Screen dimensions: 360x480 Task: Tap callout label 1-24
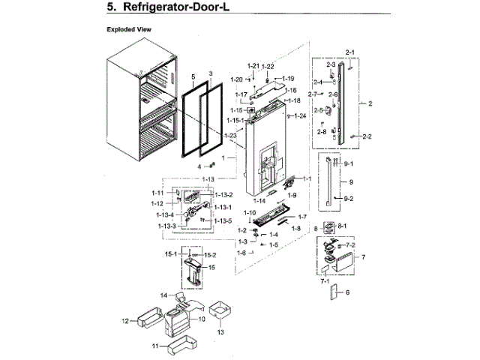(x=300, y=116)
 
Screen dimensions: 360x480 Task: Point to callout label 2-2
(x=367, y=136)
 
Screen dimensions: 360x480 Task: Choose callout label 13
(x=220, y=331)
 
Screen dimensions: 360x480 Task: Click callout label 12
(x=125, y=321)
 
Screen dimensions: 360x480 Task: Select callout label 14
(x=162, y=295)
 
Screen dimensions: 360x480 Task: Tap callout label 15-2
(x=211, y=256)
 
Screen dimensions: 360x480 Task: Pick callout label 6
(x=347, y=293)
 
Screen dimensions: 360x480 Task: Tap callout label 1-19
(x=288, y=79)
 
